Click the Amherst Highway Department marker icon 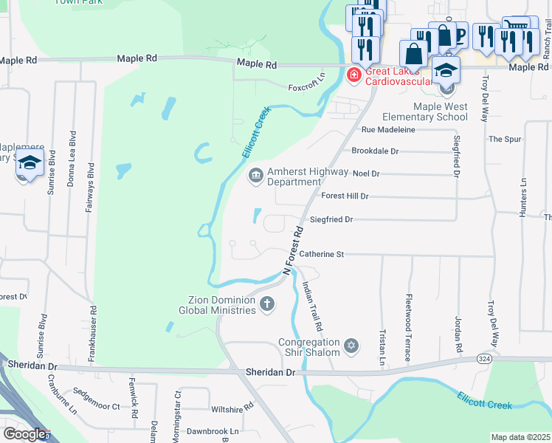tap(255, 176)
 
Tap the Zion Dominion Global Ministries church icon tap(266, 303)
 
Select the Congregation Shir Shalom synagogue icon tap(352, 345)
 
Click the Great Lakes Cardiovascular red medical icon tap(354, 75)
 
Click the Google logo tap(24, 435)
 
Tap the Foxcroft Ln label tap(307, 77)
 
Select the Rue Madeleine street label tap(388, 129)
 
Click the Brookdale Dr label tap(375, 151)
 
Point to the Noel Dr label tap(366, 174)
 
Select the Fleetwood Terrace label tap(408, 328)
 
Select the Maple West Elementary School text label tap(440, 111)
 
